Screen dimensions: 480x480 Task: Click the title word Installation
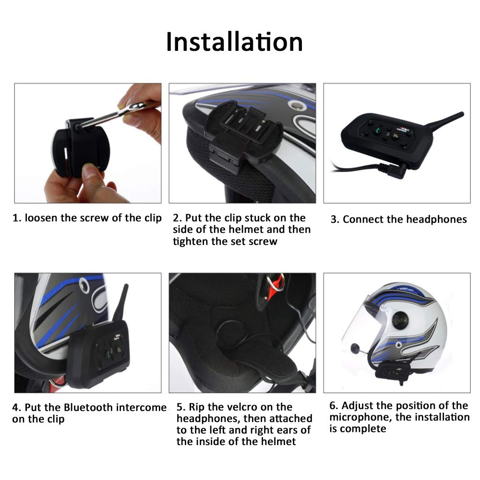235,42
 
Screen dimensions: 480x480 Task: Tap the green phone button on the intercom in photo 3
378,131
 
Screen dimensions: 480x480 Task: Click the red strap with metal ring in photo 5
274,284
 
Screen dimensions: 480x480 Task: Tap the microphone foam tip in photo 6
355,348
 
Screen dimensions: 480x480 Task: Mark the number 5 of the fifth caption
180,407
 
